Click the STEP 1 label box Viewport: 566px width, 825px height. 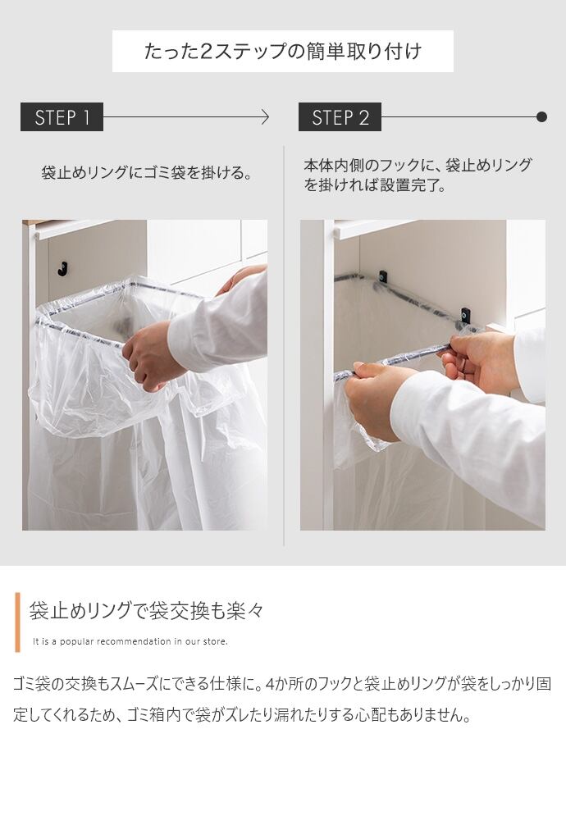tap(62, 116)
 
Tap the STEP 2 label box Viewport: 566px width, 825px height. tap(340, 116)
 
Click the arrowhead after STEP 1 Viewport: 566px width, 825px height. tap(265, 116)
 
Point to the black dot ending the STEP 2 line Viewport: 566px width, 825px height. tap(541, 116)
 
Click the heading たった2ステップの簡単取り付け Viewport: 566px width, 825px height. tap(283, 52)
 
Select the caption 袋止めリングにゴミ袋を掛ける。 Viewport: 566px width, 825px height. tap(147, 172)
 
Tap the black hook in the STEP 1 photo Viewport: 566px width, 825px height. tap(62, 268)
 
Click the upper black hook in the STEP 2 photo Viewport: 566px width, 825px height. tap(382, 276)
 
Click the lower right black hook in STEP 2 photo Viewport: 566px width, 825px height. tap(465, 315)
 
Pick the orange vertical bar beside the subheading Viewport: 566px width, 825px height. tap(18, 622)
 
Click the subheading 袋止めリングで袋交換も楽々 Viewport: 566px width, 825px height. tap(146, 610)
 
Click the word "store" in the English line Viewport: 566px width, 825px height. tap(216, 641)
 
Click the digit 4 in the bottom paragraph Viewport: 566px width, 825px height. tap(271, 684)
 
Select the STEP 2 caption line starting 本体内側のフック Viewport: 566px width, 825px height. tap(418, 165)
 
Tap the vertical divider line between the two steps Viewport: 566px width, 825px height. tap(284, 346)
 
